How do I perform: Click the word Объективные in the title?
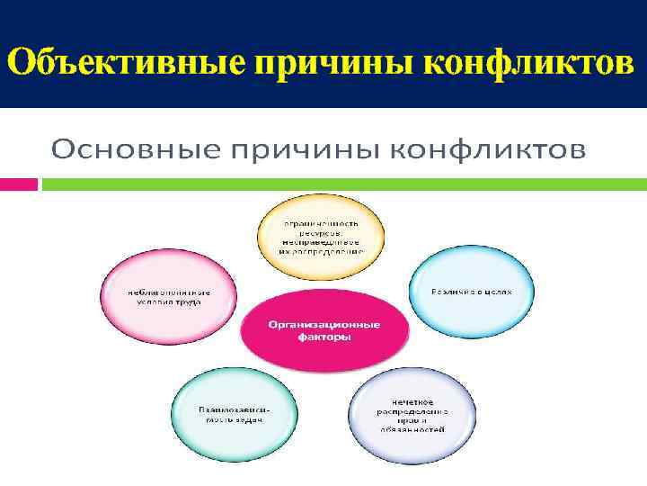pos(126,64)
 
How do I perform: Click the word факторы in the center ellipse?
pos(323,337)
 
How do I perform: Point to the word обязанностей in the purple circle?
pos(412,431)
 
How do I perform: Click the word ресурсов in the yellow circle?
pos(321,232)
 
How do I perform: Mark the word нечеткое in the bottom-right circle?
pos(412,400)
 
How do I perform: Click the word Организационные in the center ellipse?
pos(323,325)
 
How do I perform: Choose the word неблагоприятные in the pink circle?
pos(169,292)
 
